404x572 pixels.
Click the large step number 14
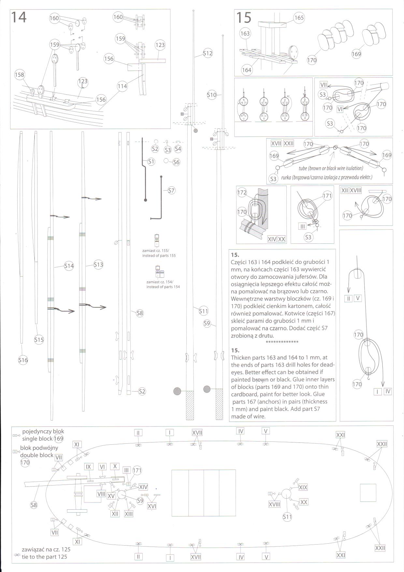(x=19, y=17)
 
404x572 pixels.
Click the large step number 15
(x=243, y=18)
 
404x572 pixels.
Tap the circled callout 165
(x=299, y=18)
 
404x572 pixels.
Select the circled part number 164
(x=247, y=70)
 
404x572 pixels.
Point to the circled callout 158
(x=20, y=75)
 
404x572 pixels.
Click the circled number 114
(x=122, y=86)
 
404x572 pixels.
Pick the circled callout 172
(x=242, y=193)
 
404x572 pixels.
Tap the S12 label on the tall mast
(x=208, y=53)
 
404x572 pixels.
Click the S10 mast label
(x=212, y=95)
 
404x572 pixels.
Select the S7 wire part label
(x=171, y=191)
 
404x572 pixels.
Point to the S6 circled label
(x=176, y=162)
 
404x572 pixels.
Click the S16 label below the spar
(x=23, y=360)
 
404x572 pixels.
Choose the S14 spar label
(x=69, y=266)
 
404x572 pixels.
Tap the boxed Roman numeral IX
(x=88, y=467)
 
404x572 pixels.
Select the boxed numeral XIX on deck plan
(x=303, y=487)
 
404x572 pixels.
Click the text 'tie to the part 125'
(x=44, y=557)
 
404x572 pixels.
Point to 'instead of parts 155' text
(x=159, y=255)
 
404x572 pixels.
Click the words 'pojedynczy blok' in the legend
(x=43, y=431)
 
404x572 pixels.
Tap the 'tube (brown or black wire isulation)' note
(x=330, y=168)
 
